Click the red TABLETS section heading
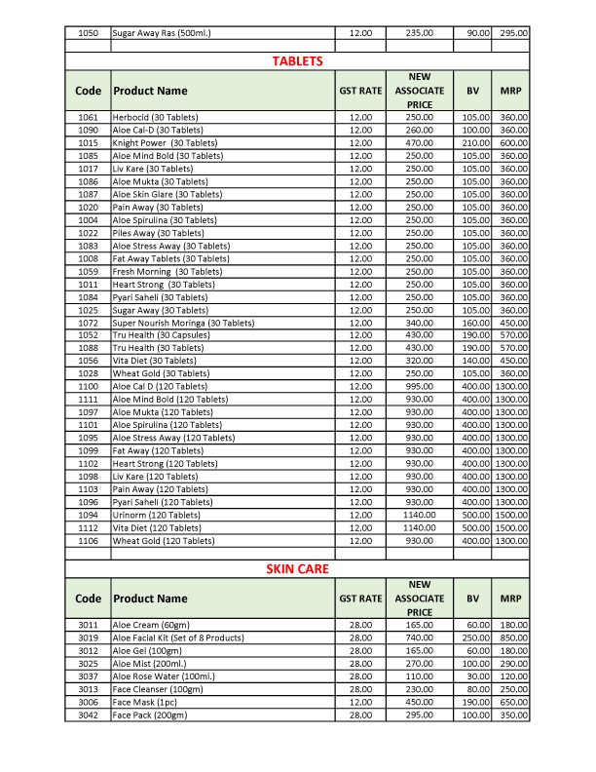click(298, 60)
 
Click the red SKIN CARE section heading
click(298, 568)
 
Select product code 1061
click(88, 117)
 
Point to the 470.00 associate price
click(419, 142)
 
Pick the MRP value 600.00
click(513, 142)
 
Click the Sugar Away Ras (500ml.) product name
click(162, 32)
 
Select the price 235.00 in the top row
click(419, 32)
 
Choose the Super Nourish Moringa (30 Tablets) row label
click(183, 323)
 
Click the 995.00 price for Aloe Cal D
click(419, 387)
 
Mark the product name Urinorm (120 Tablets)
click(157, 515)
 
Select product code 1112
click(88, 527)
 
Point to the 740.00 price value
click(419, 637)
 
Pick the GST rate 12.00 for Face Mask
click(360, 702)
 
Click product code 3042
click(88, 714)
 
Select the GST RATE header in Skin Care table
click(360, 598)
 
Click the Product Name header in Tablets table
click(150, 91)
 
